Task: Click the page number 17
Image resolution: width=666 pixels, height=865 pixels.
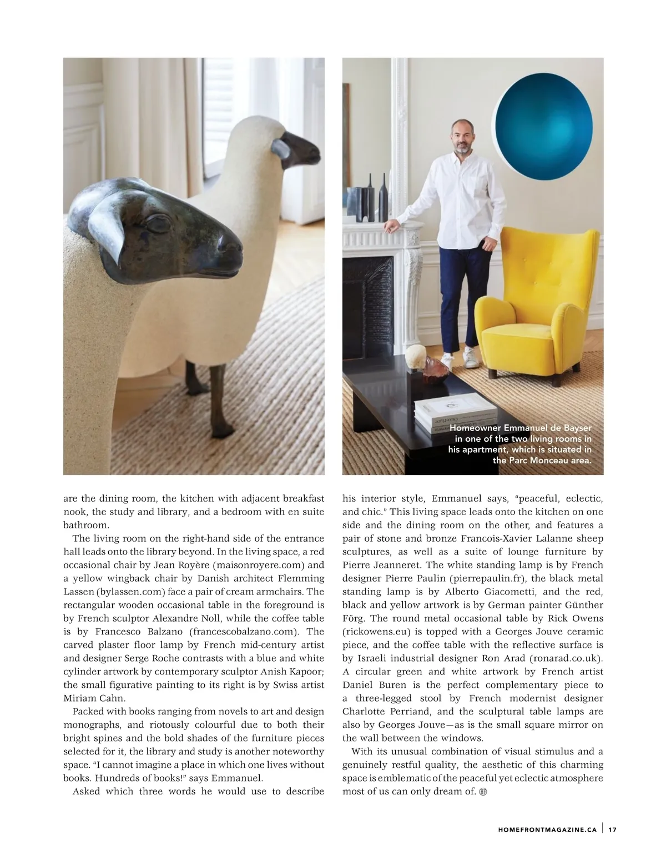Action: click(612, 830)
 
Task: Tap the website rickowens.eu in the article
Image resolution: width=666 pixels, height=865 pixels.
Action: click(374, 632)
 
